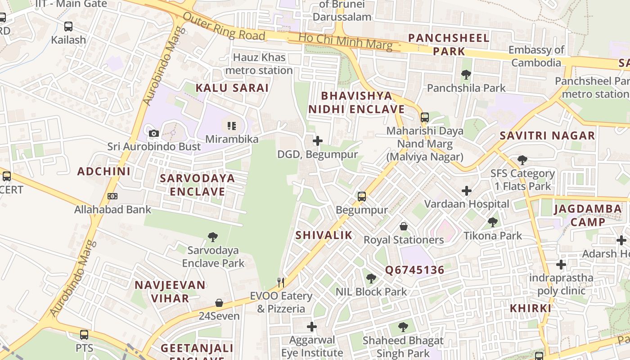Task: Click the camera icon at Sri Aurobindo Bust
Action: (x=154, y=133)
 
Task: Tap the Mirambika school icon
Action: (x=232, y=126)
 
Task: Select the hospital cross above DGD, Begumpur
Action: (x=318, y=141)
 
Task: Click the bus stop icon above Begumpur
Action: (x=362, y=197)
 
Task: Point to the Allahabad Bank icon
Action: (x=112, y=196)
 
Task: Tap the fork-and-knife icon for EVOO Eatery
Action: (x=281, y=282)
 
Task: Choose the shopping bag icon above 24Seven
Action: (x=219, y=302)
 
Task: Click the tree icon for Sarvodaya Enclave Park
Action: (x=213, y=237)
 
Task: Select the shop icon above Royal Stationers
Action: (x=404, y=226)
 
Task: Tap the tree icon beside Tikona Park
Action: (x=493, y=222)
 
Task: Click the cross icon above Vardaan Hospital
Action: (x=467, y=191)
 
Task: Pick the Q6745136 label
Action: (x=414, y=270)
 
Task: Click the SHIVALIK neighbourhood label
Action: (x=324, y=235)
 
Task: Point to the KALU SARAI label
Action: (x=232, y=88)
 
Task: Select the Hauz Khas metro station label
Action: (x=259, y=64)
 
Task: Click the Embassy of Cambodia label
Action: (x=536, y=56)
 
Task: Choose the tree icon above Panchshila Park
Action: (x=466, y=75)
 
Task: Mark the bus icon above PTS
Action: (x=84, y=335)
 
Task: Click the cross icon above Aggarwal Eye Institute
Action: (x=312, y=326)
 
